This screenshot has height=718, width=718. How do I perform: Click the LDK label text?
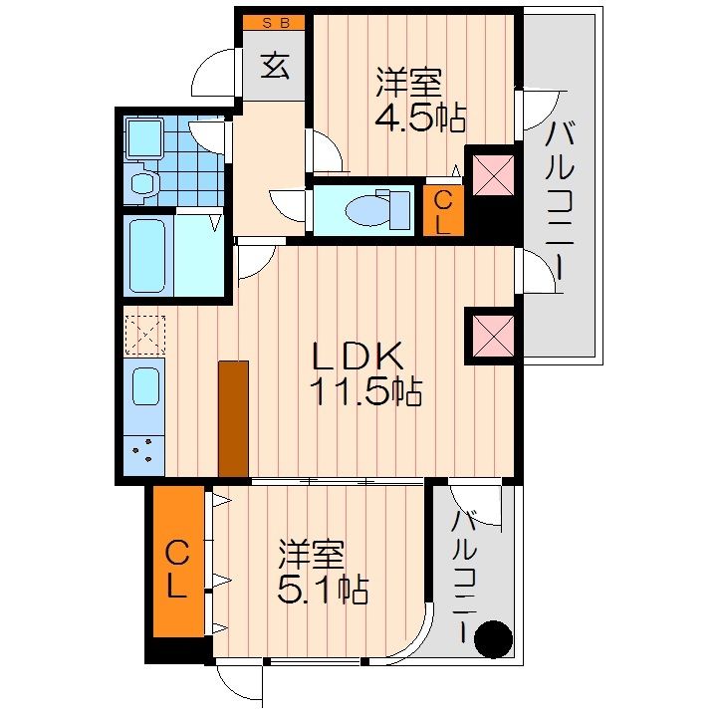click(x=359, y=356)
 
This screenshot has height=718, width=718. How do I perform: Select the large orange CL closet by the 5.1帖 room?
click(x=176, y=568)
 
